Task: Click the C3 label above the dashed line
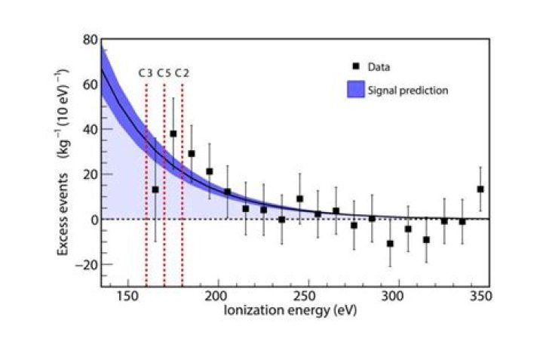[146, 73]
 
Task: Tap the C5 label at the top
[164, 73]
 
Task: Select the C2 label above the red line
[182, 73]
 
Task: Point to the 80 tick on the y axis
[90, 39]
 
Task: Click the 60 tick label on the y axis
[90, 85]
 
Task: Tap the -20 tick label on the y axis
[86, 265]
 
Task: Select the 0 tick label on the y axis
[93, 220]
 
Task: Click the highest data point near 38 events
[173, 134]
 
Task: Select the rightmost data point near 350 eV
[480, 189]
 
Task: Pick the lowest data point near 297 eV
[390, 243]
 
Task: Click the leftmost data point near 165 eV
[155, 189]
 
